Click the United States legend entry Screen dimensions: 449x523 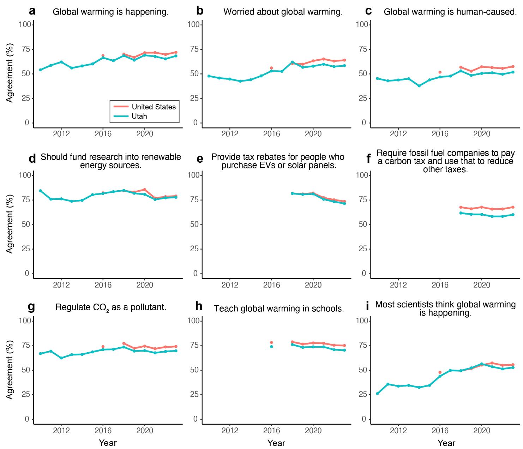pos(154,107)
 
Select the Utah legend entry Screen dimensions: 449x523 pos(139,116)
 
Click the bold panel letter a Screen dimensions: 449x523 pos(32,11)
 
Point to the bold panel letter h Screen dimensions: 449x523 pos(199,306)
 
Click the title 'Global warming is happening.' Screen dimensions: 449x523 pos(110,12)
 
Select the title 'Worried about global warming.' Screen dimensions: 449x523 pos(283,12)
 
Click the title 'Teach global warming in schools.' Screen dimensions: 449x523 pos(279,309)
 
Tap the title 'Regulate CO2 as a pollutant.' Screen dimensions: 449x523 pos(111,307)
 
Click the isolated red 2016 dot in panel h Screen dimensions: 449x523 pos(271,342)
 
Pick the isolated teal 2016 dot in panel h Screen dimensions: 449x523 pos(271,347)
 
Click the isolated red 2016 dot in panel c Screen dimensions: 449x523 pos(440,72)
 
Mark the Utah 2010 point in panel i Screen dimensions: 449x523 pos(377,394)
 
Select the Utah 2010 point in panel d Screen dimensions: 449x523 pos(40,191)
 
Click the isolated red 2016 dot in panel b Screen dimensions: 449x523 pos(271,68)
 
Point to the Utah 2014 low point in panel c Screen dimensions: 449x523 pos(419,86)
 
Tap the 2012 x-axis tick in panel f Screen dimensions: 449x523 pos(398,285)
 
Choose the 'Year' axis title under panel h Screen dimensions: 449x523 pos(276,443)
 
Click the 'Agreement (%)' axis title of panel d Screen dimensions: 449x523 pos(10,224)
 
